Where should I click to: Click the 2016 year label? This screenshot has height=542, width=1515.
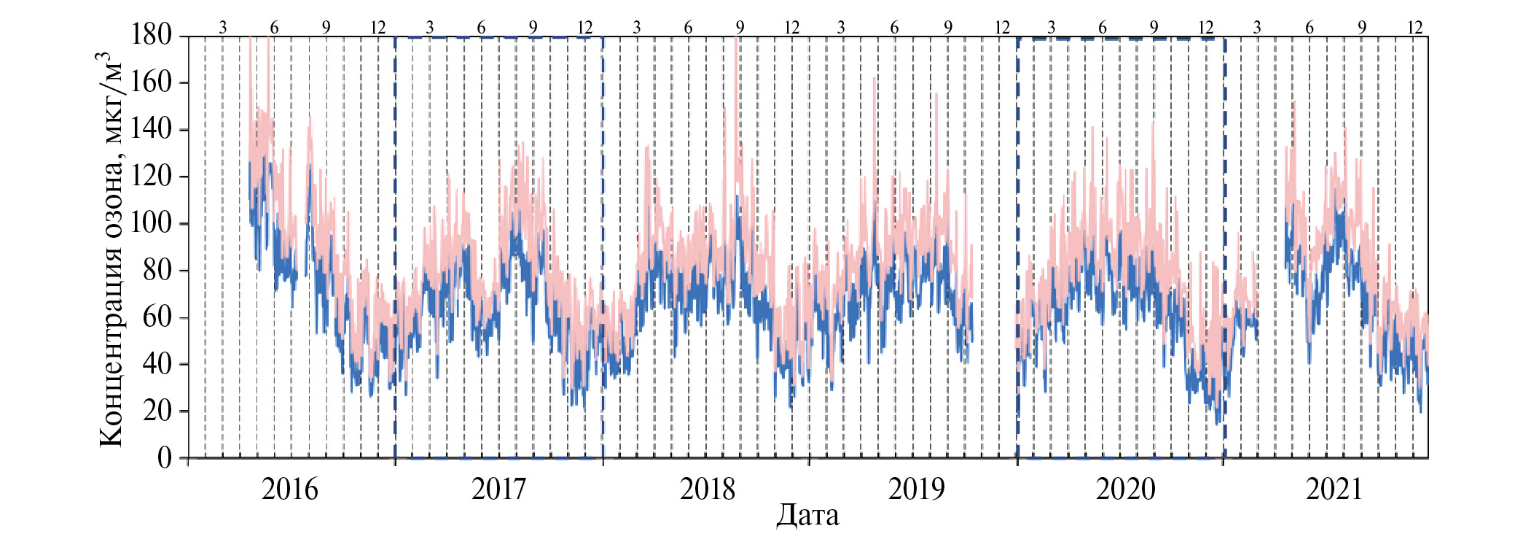point(289,489)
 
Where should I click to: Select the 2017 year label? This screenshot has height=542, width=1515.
point(498,489)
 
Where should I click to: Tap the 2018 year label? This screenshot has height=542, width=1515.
point(707,489)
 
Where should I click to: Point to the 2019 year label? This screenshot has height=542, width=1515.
point(916,489)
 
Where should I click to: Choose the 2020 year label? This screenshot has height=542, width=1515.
point(1125,489)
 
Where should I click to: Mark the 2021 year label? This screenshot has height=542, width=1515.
point(1334,489)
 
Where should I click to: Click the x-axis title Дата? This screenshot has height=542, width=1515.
point(807,516)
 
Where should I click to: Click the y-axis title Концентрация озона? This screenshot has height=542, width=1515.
point(111,248)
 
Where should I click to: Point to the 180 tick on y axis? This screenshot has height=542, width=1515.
point(151,34)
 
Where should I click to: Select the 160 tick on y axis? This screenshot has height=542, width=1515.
point(151,82)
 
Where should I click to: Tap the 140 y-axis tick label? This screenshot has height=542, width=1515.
point(151,129)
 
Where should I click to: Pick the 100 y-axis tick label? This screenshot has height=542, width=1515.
point(151,222)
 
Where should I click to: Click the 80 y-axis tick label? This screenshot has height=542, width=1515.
point(158,270)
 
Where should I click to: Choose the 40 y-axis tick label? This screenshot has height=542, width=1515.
point(158,363)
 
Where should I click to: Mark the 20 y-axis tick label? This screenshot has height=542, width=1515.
point(158,411)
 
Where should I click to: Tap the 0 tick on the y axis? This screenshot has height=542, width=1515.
point(165,457)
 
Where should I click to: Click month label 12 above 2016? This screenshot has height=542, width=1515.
point(377,28)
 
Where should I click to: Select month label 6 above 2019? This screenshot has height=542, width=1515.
point(894,28)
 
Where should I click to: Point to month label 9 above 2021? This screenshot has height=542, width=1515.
point(1361,28)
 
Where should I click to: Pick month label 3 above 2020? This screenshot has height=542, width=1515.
point(1051,28)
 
